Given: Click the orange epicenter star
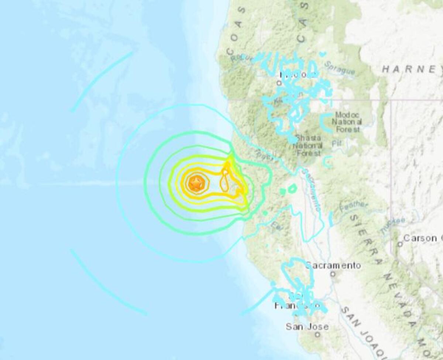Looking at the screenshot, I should coord(195,183).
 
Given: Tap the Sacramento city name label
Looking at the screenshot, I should coord(333,265).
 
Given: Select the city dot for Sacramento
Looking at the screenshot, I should coord(333,274).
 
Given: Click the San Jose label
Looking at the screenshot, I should coord(307,326).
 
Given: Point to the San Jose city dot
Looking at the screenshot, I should coord(317,335).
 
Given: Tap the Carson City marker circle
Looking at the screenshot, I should coord(400,244).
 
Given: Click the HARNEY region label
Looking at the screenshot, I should coord(412,69).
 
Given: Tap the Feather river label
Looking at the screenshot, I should coord(355,207).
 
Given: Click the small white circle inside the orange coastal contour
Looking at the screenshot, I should coord(225,172).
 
